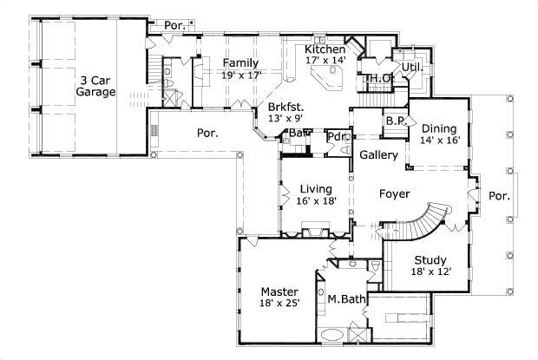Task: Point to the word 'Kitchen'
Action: pos(325,49)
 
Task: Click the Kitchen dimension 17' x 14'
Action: pos(325,61)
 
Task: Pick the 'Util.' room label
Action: pos(409,66)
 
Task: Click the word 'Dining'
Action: pos(439,127)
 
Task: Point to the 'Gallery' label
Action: pos(379,156)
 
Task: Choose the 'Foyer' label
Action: pos(394,193)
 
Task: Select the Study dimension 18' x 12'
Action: pos(430,272)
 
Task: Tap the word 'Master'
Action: pos(280,291)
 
